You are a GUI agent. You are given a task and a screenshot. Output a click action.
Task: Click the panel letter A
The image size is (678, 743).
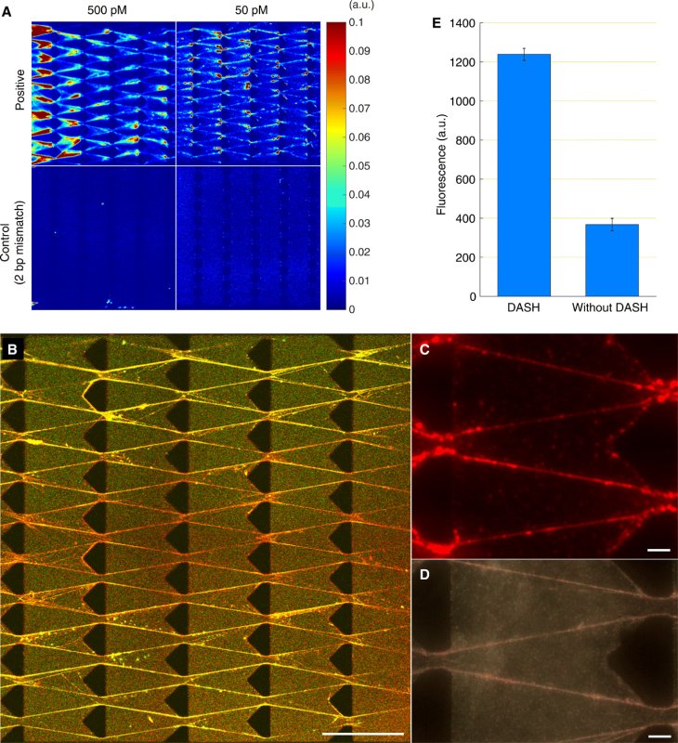(x=8, y=12)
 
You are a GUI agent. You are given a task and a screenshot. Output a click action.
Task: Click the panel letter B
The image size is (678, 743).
(x=13, y=350)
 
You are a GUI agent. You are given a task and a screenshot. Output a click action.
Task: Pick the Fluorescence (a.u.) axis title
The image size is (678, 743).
(x=442, y=159)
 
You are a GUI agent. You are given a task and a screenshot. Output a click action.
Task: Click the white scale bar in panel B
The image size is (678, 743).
(x=363, y=733)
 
